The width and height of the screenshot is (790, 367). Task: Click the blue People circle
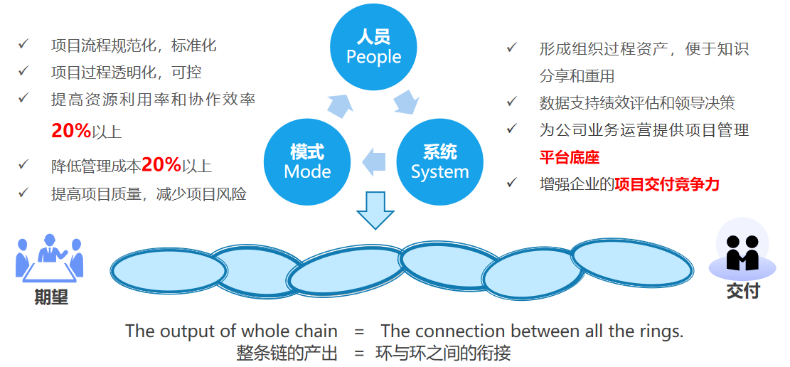coord(373,47)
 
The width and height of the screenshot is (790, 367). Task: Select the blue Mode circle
coord(307,161)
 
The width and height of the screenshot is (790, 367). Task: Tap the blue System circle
coord(439,161)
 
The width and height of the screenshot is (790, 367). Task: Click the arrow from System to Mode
coord(373,162)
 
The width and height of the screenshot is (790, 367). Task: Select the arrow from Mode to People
coord(338,104)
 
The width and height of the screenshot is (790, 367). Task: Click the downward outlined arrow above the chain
coord(375,210)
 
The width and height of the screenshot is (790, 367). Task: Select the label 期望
coord(50,297)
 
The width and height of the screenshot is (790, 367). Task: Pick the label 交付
coord(742,291)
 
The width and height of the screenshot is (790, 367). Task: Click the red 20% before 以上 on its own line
coord(71,131)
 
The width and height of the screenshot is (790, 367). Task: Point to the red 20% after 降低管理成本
coord(161,165)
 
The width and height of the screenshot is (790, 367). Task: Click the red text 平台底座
coord(569,157)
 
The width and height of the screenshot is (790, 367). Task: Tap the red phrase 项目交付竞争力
coord(667,184)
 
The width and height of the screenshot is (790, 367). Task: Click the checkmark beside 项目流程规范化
coord(23,45)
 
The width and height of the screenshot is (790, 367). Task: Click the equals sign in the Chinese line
coord(360,352)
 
